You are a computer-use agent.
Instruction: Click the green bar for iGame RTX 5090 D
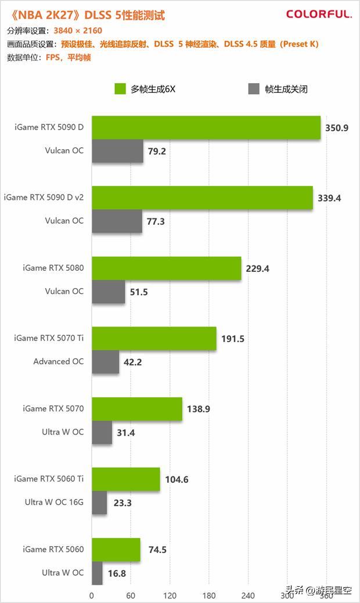(x=206, y=127)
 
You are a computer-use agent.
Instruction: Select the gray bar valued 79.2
(x=117, y=151)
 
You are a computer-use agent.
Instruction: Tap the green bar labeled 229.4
(x=167, y=268)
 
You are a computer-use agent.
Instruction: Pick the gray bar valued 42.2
(x=105, y=361)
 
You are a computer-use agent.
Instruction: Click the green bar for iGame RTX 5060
(x=116, y=550)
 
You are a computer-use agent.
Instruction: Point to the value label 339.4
(x=329, y=198)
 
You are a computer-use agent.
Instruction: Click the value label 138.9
(x=198, y=409)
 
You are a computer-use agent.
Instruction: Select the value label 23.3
(x=123, y=503)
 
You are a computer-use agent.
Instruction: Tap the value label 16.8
(x=117, y=574)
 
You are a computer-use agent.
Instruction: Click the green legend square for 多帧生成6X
(x=120, y=89)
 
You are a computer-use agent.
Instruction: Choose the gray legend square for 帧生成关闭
(x=254, y=89)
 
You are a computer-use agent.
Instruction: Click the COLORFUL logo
(x=319, y=15)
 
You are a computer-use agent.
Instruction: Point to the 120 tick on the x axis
(x=170, y=595)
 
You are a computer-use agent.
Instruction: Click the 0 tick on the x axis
(x=91, y=595)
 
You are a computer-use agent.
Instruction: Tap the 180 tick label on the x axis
(x=208, y=595)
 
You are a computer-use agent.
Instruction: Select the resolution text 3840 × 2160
(x=78, y=31)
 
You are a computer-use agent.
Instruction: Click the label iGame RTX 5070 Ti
(x=49, y=338)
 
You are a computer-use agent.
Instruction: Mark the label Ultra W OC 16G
(x=54, y=502)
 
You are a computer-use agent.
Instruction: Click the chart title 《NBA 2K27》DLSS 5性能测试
(x=86, y=15)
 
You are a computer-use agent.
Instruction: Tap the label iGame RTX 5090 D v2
(x=44, y=198)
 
